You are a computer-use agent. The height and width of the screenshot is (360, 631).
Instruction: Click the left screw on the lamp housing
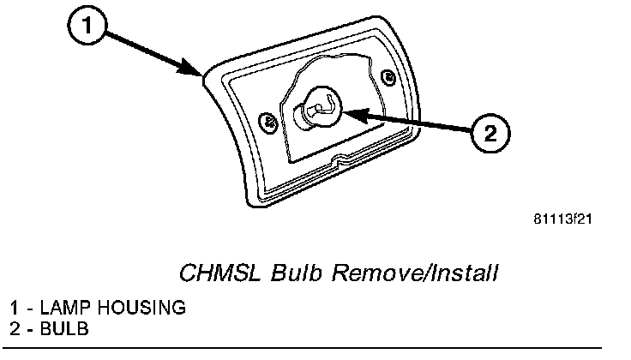(268, 119)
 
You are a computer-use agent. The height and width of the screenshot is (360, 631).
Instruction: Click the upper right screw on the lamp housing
(390, 78)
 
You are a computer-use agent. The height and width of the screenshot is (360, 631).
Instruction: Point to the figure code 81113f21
(562, 219)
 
